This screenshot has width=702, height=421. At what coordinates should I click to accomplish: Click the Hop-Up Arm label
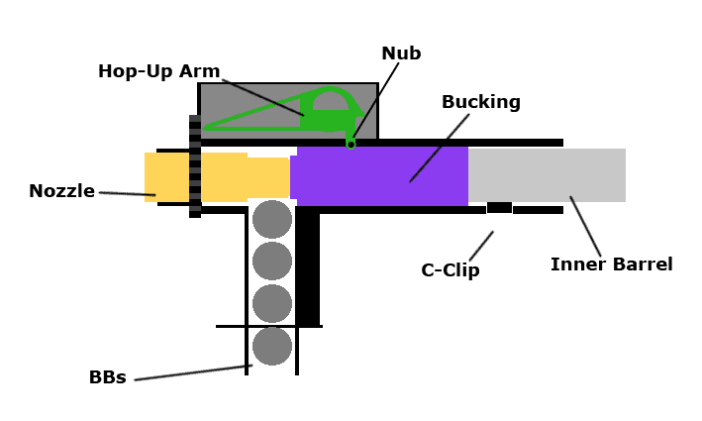tap(157, 71)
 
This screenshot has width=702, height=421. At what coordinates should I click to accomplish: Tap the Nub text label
tap(401, 53)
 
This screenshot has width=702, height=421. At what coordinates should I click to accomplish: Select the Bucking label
tap(480, 102)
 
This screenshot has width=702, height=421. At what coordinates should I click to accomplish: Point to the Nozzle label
tap(61, 191)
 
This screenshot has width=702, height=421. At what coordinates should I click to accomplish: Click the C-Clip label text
tap(450, 269)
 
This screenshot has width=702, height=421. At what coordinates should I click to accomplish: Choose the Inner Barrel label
tap(611, 264)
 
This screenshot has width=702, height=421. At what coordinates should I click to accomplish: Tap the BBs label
tap(107, 377)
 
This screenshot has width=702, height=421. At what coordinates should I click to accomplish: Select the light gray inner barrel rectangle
tap(547, 175)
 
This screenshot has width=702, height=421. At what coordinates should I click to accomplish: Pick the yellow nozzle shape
tap(218, 177)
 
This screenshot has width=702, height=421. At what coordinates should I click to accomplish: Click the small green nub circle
tap(351, 145)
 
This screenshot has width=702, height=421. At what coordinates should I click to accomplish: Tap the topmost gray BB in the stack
tap(272, 219)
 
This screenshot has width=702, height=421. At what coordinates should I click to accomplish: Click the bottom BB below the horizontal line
tap(272, 347)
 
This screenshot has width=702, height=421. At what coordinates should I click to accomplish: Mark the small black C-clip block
tap(499, 208)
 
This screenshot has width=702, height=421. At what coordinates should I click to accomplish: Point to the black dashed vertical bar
tap(195, 165)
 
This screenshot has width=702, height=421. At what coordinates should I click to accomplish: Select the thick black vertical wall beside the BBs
tap(308, 267)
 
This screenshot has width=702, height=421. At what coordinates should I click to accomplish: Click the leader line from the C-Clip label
tap(481, 245)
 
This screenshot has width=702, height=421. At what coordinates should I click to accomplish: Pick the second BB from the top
tap(272, 262)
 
